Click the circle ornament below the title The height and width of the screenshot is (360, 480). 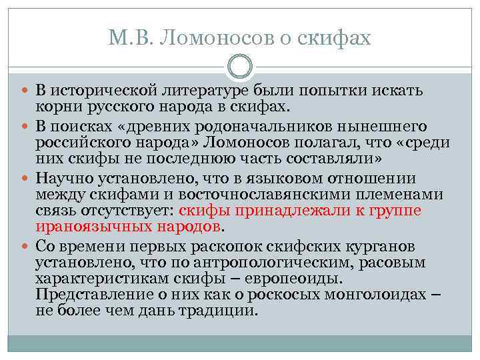coord(240,67)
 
